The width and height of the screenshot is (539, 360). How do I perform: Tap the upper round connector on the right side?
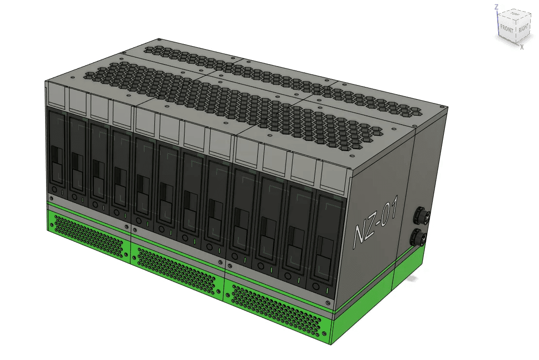[421, 215]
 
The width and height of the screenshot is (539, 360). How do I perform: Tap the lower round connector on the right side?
[420, 237]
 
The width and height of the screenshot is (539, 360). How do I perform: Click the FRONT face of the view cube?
[506, 29]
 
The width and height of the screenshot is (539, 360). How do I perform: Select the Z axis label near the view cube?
[496, 7]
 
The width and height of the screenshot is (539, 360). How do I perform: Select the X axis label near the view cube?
[522, 47]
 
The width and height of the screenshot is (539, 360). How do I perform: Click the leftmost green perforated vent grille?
[89, 237]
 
